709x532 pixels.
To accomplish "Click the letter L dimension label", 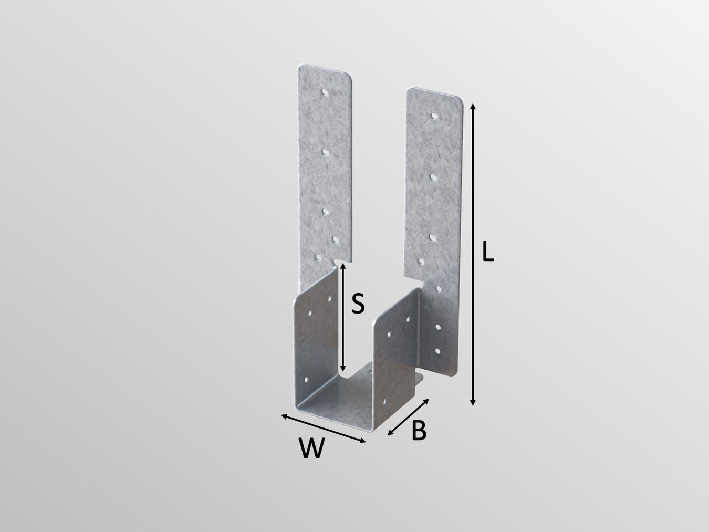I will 488,252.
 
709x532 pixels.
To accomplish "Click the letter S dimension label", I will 358,304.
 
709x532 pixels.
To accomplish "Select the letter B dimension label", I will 419,431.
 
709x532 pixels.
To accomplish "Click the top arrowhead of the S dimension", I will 342,266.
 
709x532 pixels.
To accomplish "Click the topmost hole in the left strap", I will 326,92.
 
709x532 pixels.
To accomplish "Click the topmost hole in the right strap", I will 434,115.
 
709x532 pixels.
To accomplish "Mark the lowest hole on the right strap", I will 437,350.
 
